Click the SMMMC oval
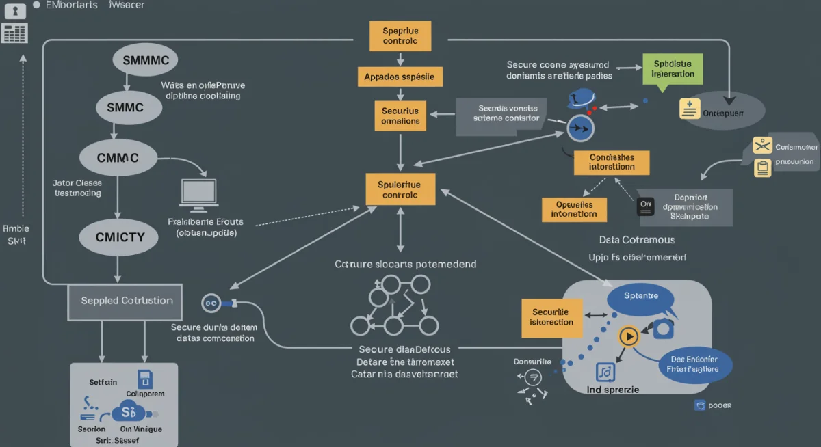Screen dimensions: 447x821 click(x=144, y=59)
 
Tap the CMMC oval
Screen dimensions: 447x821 click(x=117, y=159)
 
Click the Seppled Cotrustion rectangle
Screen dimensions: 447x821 click(x=125, y=301)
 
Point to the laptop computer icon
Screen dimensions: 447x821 click(x=199, y=195)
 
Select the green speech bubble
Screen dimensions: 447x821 click(x=673, y=70)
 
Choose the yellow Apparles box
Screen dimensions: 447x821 click(x=400, y=77)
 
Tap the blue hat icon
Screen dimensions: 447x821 click(x=582, y=98)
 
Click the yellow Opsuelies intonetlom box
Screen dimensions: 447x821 click(x=574, y=209)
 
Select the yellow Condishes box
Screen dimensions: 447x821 click(x=612, y=162)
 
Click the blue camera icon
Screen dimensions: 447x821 click(x=663, y=329)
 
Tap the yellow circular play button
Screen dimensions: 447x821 click(x=628, y=336)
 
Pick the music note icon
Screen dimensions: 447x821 click(x=605, y=372)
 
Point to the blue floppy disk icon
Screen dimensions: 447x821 click(x=145, y=379)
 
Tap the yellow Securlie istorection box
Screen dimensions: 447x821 click(x=551, y=318)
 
